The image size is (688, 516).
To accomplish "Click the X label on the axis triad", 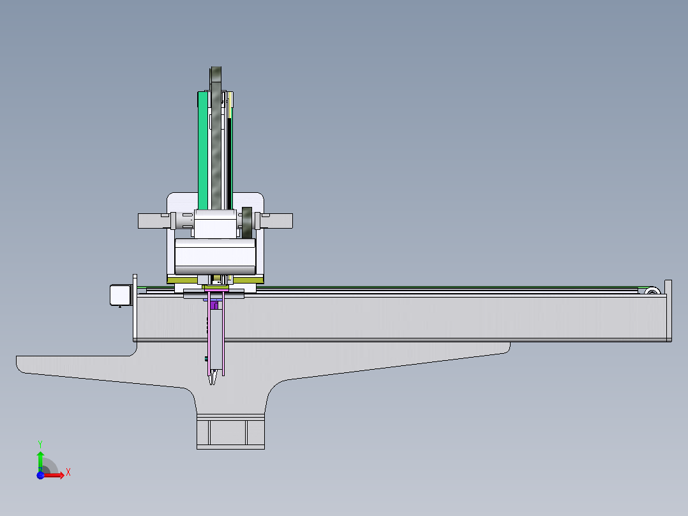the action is (68, 473).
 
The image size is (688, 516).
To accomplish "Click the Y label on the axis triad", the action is (40, 444).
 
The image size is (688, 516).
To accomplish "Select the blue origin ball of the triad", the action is (40, 475).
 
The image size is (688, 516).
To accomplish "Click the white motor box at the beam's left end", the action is (121, 294).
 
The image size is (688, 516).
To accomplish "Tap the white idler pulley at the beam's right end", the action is (652, 291).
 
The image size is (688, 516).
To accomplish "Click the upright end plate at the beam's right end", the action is (668, 310).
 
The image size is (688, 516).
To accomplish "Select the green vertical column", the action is (203, 151).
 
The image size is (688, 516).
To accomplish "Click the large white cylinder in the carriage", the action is (215, 257).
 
